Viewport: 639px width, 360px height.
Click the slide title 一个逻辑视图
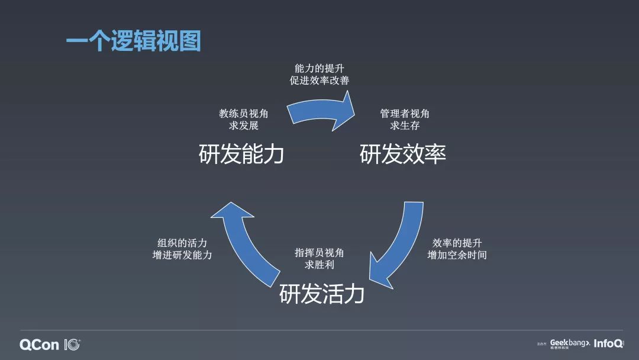pos(133,41)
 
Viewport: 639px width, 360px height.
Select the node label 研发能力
pos(241,155)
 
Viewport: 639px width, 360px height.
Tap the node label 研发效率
pos(402,155)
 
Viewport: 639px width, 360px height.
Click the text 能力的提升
pos(319,69)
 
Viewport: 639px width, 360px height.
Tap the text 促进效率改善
pos(319,81)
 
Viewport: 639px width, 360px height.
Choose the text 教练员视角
pos(243,114)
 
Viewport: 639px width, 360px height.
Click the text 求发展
pos(243,126)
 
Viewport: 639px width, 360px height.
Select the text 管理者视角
pos(405,114)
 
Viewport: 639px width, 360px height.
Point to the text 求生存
pos(405,126)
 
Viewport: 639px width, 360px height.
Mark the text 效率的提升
pos(457,243)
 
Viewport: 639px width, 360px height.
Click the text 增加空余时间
pos(457,255)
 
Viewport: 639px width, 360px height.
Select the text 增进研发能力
pos(182,255)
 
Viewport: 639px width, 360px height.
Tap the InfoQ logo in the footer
pos(608,343)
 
